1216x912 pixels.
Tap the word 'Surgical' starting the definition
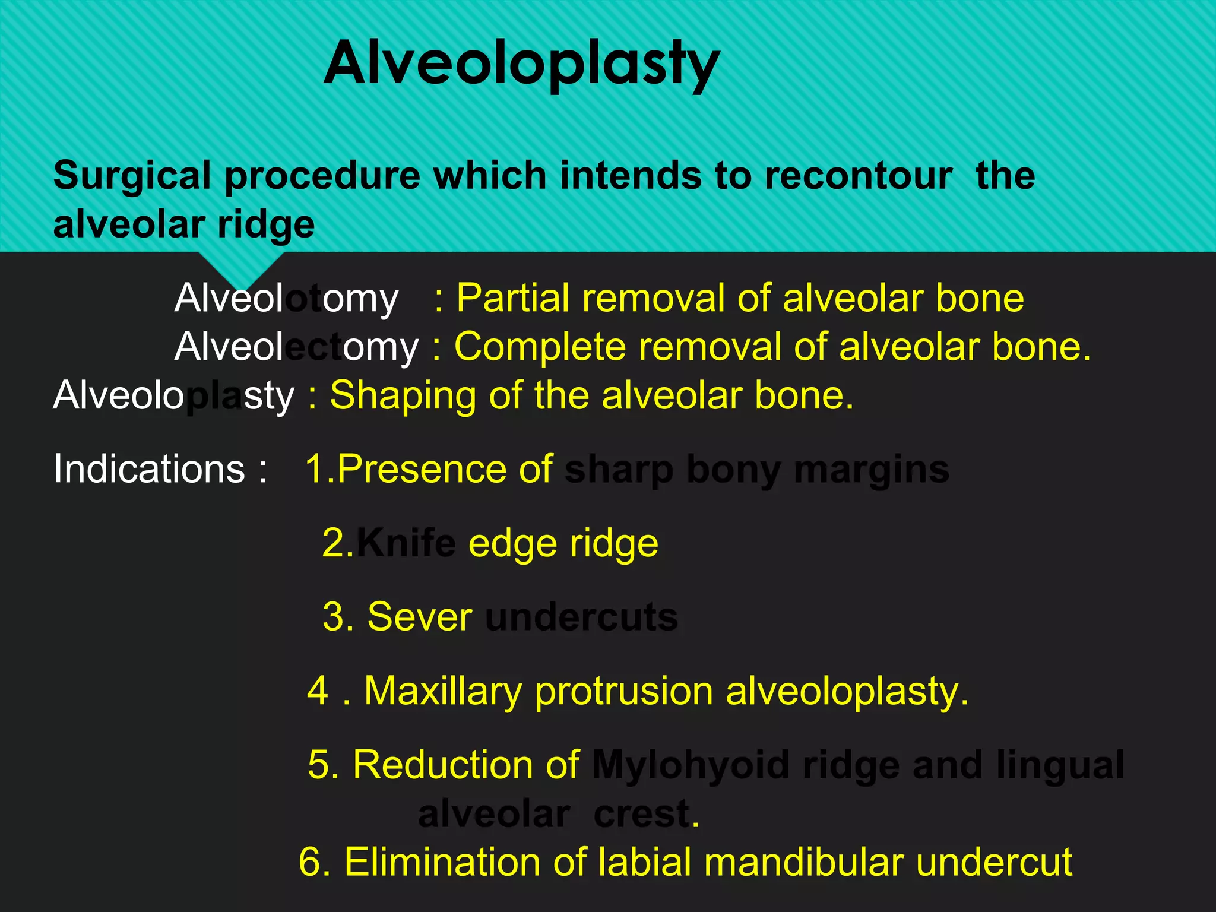pyautogui.click(x=132, y=176)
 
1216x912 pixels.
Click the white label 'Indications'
pyautogui.click(x=148, y=469)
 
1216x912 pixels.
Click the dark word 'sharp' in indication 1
pyautogui.click(x=619, y=470)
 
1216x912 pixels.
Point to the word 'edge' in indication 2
pyautogui.click(x=512, y=543)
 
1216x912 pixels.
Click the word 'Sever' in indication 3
pyautogui.click(x=419, y=617)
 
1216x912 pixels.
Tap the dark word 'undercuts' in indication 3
pyautogui.click(x=581, y=617)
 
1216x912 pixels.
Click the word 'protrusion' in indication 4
pyautogui.click(x=623, y=692)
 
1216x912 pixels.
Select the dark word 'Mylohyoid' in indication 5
pyautogui.click(x=691, y=765)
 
